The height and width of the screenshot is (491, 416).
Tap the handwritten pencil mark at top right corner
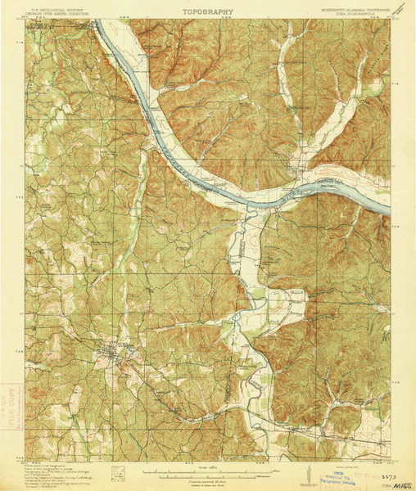pyautogui.click(x=400, y=8)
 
